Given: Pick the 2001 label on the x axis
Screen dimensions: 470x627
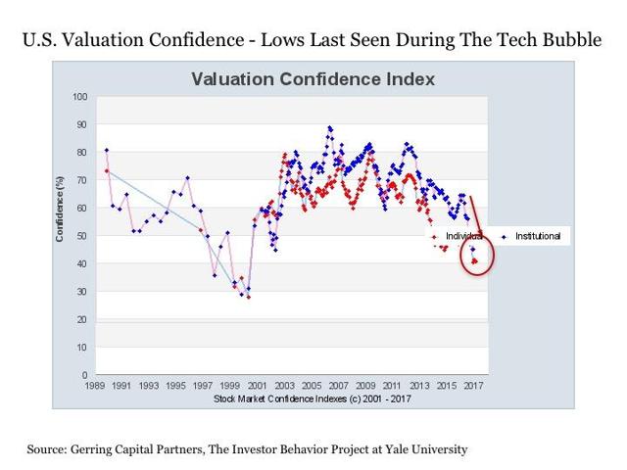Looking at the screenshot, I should pyautogui.click(x=257, y=386).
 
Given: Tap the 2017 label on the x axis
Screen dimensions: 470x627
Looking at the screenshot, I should pyautogui.click(x=474, y=386).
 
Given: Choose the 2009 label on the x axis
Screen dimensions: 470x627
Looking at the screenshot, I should pyautogui.click(x=365, y=386).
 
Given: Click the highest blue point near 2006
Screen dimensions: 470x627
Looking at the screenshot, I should pyautogui.click(x=330, y=127).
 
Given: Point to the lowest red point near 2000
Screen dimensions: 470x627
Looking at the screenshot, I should pyautogui.click(x=249, y=297).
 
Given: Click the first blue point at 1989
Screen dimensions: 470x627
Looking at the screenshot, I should pyautogui.click(x=106, y=150).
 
